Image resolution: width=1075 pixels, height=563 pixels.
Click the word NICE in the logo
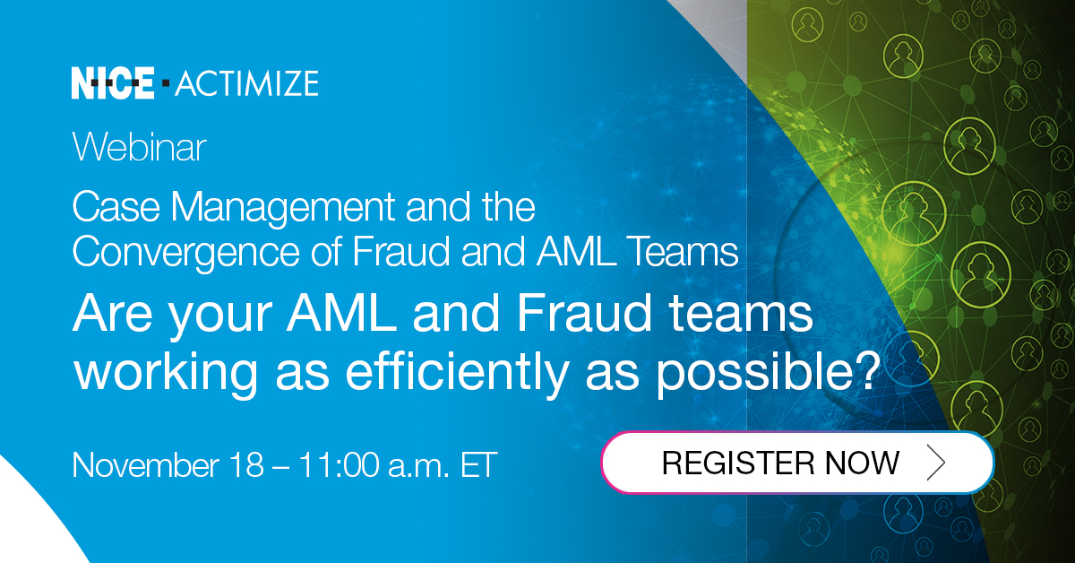coord(113,84)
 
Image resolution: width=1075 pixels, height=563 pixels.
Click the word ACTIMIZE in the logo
coord(246,84)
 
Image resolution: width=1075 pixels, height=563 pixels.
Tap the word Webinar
coord(139,148)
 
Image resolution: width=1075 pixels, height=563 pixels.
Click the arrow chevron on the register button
coord(936,463)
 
